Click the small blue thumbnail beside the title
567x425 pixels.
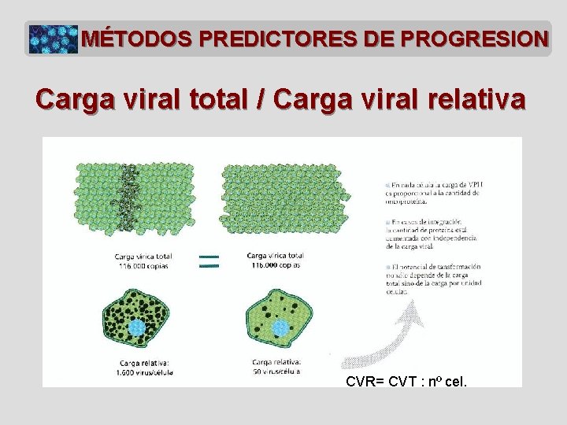coord(53,39)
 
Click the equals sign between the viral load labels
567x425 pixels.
coord(209,261)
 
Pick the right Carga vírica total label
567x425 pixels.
coord(275,256)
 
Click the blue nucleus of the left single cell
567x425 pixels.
coord(137,328)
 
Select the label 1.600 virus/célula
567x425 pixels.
coord(144,371)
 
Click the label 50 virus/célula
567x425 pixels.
coord(276,371)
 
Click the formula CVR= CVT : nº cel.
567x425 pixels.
coord(406,382)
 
